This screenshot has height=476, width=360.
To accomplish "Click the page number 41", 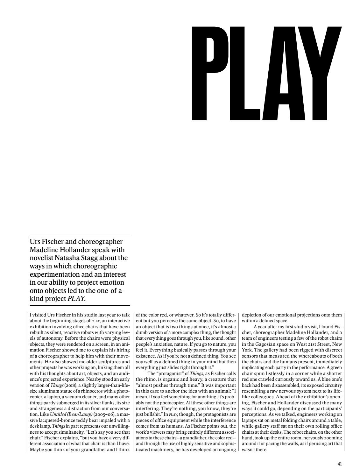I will click(x=340, y=464).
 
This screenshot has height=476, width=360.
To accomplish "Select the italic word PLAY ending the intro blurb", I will click(x=77, y=299).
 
